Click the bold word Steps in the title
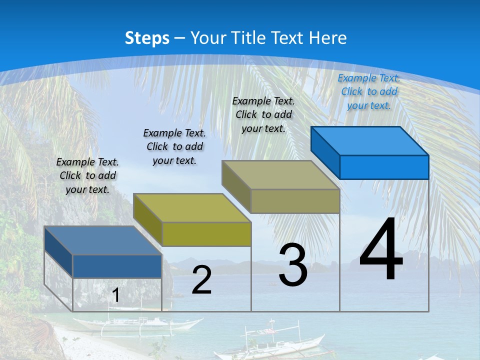(147, 38)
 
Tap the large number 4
(381, 250)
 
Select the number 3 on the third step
(293, 265)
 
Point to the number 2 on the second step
(201, 280)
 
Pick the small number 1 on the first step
(115, 295)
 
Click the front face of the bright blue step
(384, 167)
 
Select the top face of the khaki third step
(280, 175)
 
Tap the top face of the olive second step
(192, 208)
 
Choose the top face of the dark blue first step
(103, 240)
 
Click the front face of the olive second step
(206, 234)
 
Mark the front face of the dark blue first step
(117, 266)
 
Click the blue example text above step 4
(369, 91)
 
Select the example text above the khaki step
(263, 114)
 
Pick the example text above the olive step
(174, 146)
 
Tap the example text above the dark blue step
(87, 175)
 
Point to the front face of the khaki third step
(295, 201)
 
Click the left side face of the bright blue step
(325, 152)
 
